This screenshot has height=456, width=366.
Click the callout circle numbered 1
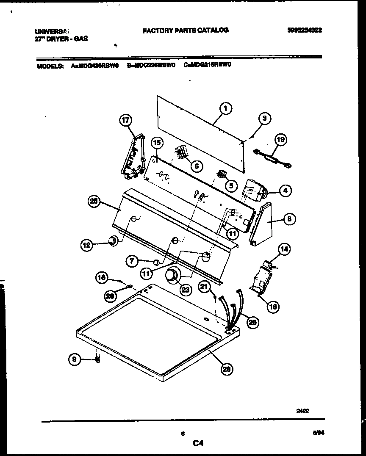tap(226, 109)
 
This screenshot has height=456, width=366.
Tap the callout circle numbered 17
tap(125, 121)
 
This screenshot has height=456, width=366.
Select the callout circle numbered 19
tap(280, 140)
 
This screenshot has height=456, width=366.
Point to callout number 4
tap(285, 191)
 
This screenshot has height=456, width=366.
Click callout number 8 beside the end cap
tap(289, 219)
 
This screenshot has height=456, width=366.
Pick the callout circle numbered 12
tap(87, 244)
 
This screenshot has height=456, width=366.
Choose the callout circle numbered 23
tap(185, 290)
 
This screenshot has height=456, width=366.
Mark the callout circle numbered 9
tap(75, 359)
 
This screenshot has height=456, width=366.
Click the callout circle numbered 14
tap(284, 249)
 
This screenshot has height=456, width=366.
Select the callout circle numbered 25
tap(94, 202)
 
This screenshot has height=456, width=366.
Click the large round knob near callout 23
tap(172, 275)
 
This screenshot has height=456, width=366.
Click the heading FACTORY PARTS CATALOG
tap(185, 30)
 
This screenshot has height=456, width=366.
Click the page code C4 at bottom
tap(198, 443)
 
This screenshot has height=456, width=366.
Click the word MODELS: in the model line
tap(50, 66)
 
